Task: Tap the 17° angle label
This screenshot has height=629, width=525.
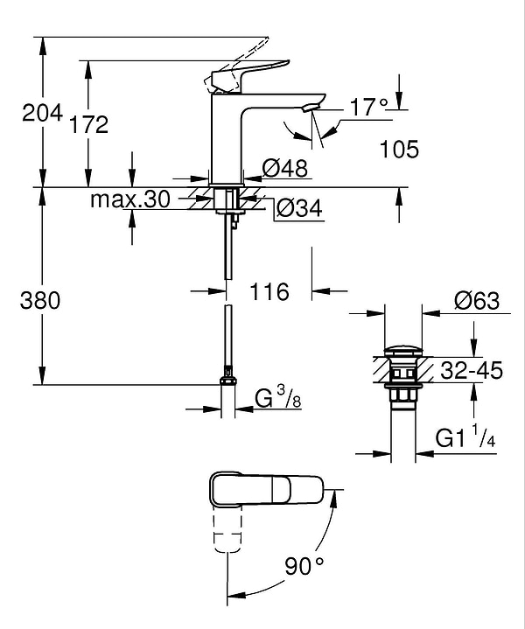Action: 368,108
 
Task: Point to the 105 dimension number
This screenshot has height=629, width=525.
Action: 399,149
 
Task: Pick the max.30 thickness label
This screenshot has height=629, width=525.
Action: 129,199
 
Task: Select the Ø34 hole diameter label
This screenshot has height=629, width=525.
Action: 298,208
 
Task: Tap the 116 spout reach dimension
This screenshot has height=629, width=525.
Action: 269,291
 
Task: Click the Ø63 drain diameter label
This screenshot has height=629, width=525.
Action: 476,301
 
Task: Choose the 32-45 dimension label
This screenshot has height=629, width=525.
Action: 472,371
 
